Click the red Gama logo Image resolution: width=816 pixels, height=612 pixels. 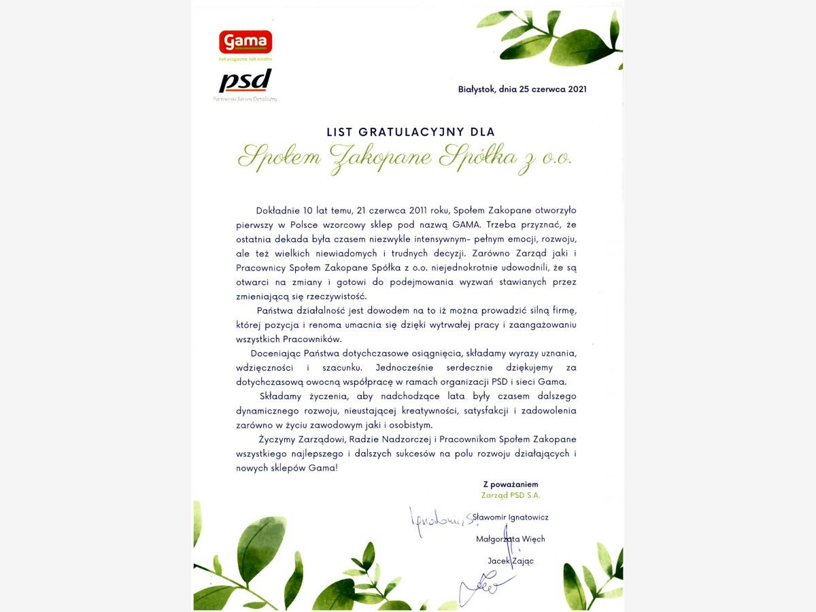245,42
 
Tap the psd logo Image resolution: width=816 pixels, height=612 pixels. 245,82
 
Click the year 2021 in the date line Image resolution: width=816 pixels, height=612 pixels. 575,89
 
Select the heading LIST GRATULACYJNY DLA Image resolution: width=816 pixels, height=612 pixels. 411,131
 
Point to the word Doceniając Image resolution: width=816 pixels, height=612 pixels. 275,354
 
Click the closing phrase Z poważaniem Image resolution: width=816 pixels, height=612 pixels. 510,485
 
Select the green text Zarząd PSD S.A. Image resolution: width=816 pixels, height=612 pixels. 510,495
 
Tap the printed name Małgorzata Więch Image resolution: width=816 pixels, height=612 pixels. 510,539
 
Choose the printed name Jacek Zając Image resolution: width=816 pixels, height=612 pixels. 510,561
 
